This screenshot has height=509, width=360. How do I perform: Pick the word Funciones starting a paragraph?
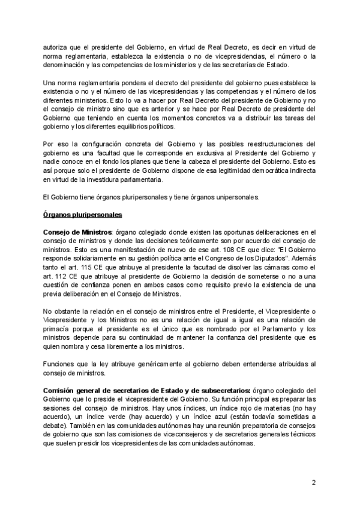(61, 363)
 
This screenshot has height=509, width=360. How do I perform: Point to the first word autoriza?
(59, 46)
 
